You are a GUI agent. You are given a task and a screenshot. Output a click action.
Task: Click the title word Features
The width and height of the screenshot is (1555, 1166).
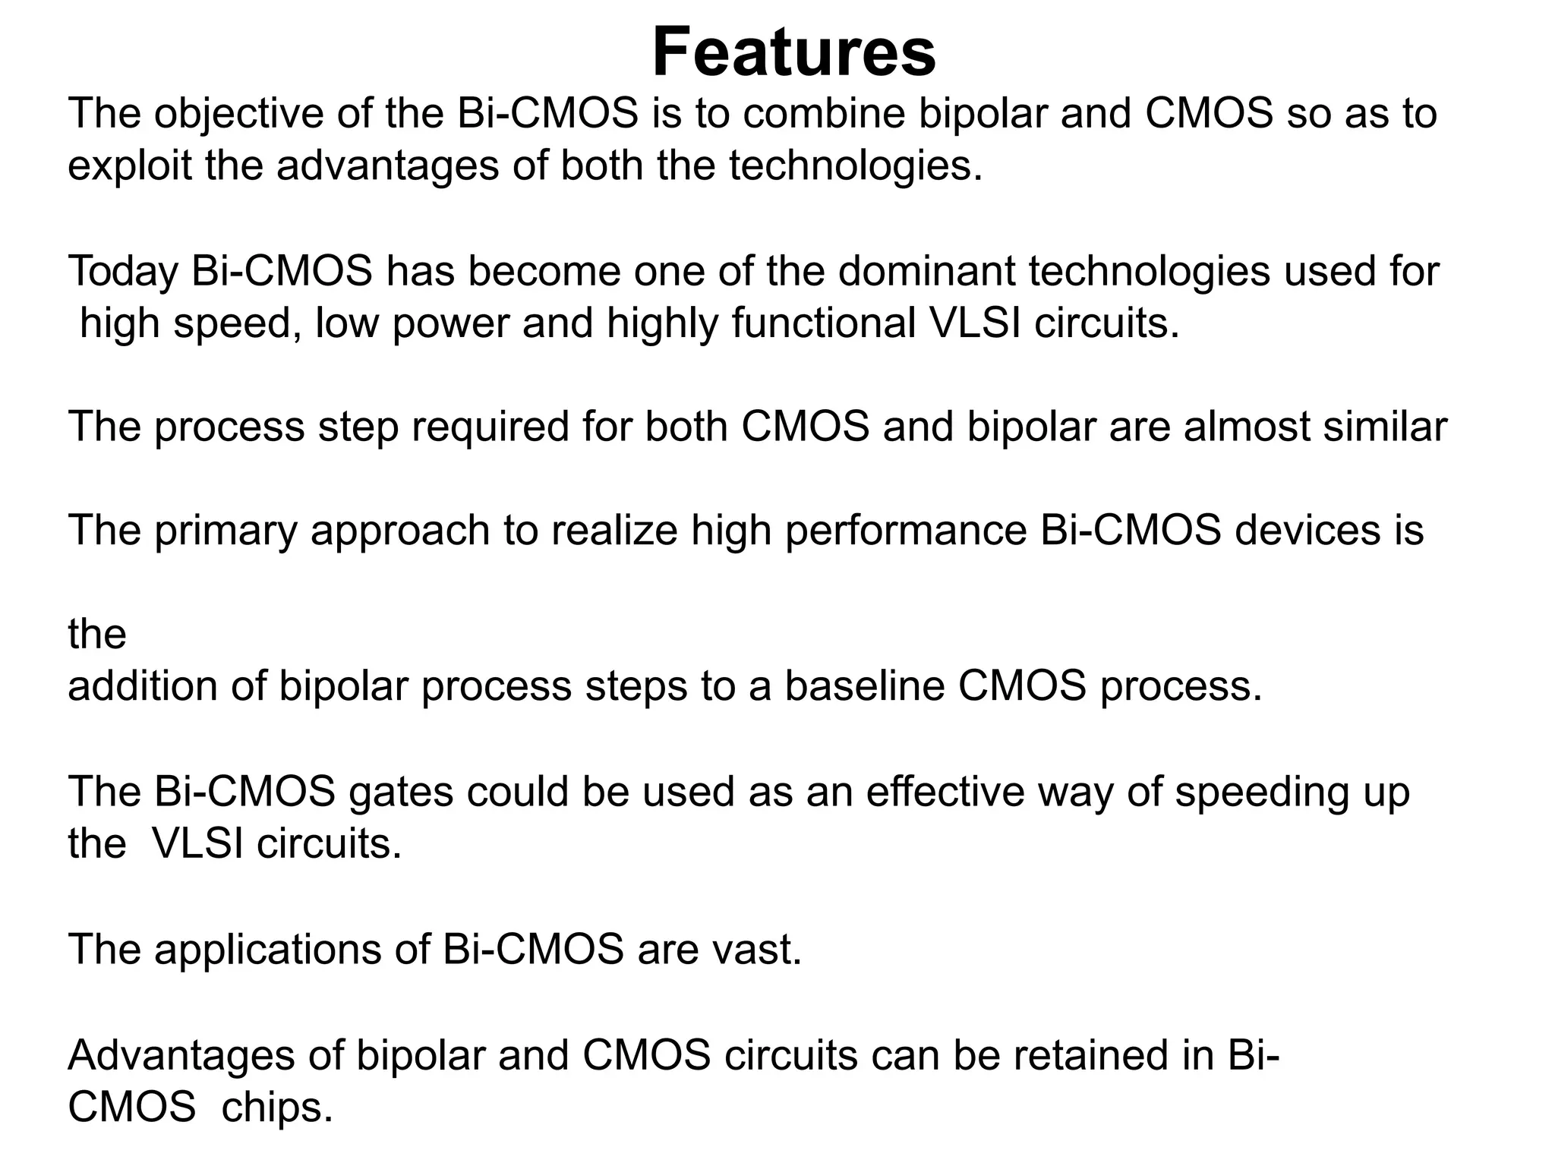point(793,52)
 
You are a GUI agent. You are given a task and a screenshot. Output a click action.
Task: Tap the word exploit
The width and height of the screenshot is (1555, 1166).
point(129,165)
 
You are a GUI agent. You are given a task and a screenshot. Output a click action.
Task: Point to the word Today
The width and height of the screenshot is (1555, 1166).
point(122,272)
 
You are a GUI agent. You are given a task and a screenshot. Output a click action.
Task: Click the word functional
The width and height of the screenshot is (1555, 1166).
point(823,323)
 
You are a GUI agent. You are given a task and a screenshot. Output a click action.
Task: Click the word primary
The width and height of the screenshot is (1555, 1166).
point(226,531)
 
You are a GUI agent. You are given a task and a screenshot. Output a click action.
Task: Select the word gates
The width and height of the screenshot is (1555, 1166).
point(400,792)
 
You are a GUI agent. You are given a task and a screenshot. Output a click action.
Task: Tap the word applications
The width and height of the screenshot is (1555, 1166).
point(268,950)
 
